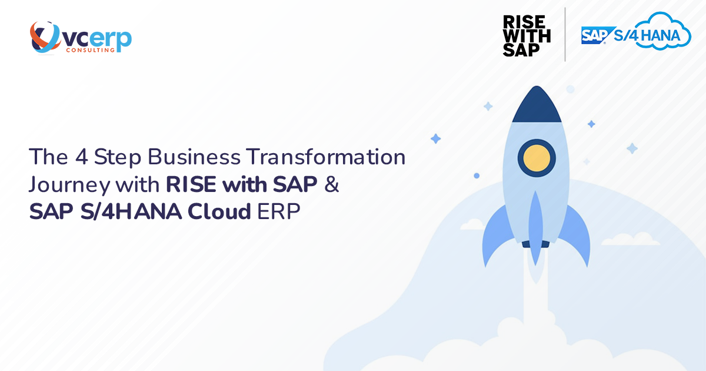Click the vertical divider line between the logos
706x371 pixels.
[x=565, y=34]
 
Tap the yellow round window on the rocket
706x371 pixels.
[x=537, y=158]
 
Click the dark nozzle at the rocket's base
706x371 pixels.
[x=536, y=243]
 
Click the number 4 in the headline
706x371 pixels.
[x=79, y=158]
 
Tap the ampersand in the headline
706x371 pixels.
[x=332, y=184]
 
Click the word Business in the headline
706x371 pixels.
[x=194, y=158]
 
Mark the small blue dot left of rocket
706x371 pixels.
[x=477, y=175]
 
